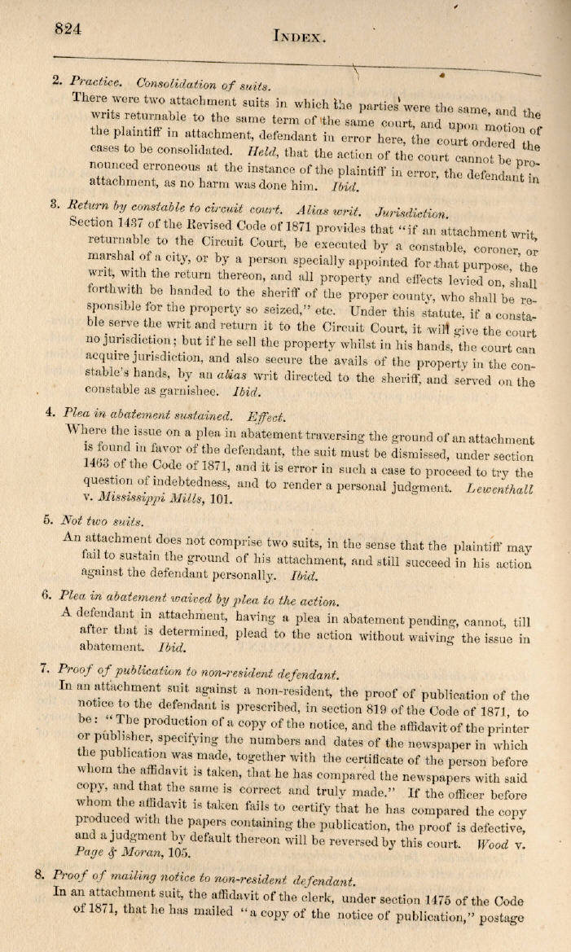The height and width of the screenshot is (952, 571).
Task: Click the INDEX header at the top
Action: (301, 36)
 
